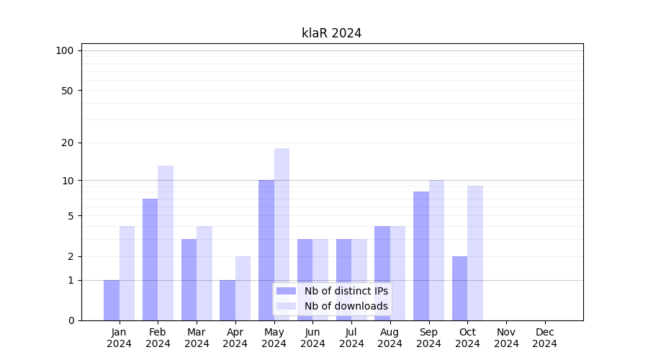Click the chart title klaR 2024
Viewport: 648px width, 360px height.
coord(331,33)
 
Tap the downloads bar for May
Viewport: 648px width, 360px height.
coord(282,234)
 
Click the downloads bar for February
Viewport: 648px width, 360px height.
coord(166,243)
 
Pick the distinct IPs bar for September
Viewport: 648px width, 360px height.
coord(421,256)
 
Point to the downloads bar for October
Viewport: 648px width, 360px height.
coord(475,253)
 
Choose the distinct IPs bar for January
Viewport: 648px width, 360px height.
coord(112,300)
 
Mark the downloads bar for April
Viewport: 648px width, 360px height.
coord(243,288)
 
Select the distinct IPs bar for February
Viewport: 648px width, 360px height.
coord(150,259)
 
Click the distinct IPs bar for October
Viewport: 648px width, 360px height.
coord(459,288)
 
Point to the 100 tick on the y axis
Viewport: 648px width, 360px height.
coord(65,50)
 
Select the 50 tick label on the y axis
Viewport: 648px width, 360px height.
coord(68,91)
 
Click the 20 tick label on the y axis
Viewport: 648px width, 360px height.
coord(68,143)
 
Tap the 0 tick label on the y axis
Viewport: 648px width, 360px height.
coord(71,320)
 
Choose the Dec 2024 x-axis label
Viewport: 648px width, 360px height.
coord(544,338)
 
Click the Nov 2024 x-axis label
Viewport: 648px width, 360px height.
coord(506,338)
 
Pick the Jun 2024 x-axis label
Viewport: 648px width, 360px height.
coord(312,338)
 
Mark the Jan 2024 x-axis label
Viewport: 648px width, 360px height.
coord(119,338)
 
